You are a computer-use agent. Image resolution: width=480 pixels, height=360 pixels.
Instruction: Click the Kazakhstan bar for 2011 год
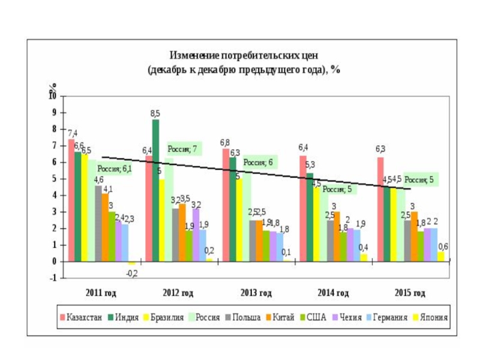pyautogui.click(x=71, y=200)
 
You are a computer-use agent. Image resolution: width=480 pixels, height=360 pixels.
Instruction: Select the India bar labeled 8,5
pyautogui.click(x=155, y=190)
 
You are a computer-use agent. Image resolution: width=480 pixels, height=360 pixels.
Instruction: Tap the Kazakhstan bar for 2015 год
pyautogui.click(x=380, y=209)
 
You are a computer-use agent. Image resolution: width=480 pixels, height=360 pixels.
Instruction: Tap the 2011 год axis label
pyautogui.click(x=100, y=293)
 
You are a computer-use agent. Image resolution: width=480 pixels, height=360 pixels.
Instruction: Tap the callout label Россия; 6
pyautogui.click(x=258, y=163)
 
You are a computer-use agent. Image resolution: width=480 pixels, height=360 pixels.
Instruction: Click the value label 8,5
pyautogui.click(x=155, y=113)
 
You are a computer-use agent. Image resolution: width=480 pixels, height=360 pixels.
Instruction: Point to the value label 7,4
pyautogui.click(x=72, y=133)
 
